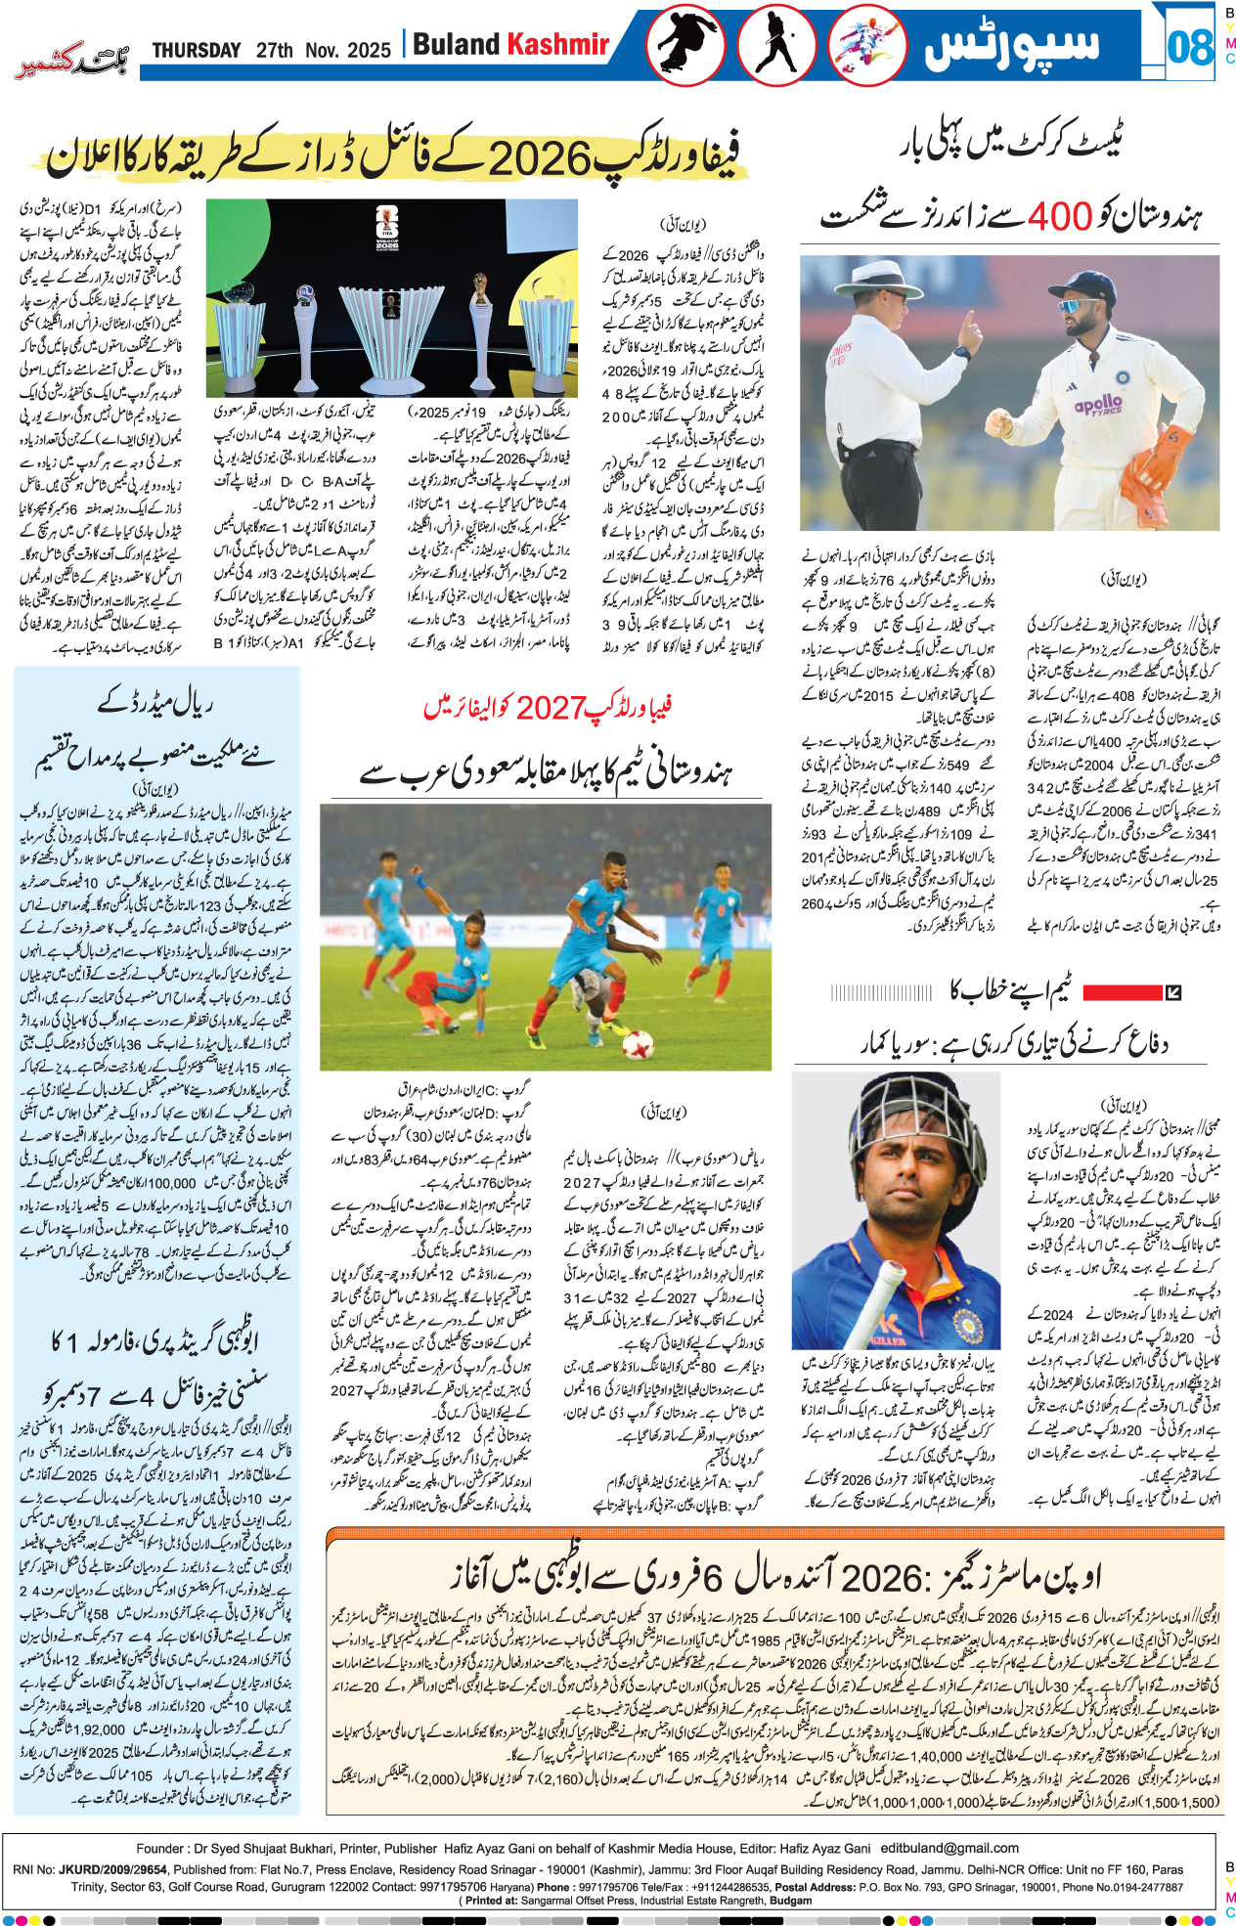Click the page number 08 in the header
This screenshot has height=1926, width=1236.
click(x=1189, y=46)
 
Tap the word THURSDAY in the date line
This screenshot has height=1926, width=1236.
click(x=197, y=50)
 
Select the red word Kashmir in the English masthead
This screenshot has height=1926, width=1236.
click(x=558, y=44)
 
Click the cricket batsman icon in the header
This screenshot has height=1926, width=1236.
click(x=776, y=45)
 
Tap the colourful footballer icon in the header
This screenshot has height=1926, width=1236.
click(x=867, y=45)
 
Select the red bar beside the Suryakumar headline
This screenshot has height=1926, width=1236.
click(x=1121, y=992)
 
